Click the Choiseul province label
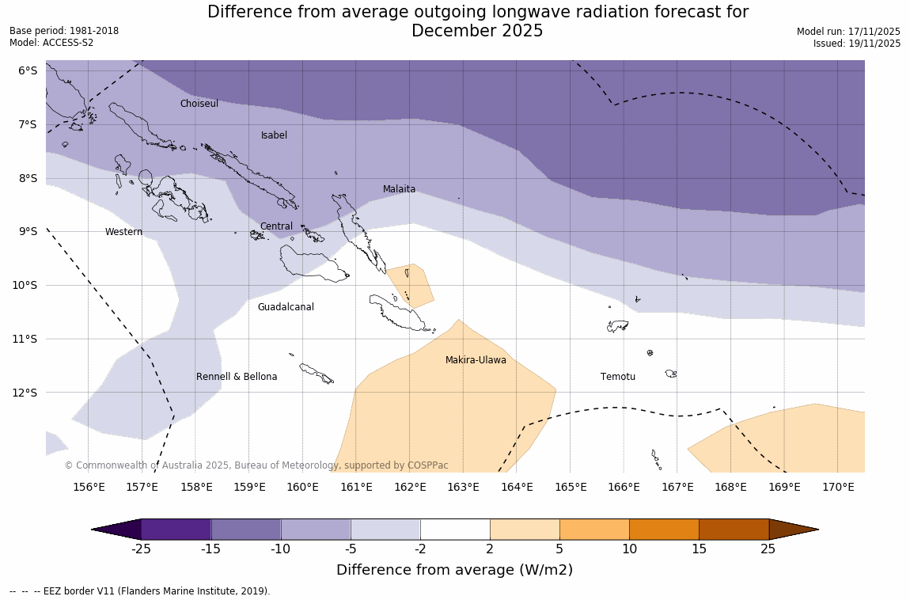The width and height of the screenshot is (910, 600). (x=199, y=104)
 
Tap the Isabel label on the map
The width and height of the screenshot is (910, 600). (x=274, y=135)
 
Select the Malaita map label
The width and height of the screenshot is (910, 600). (x=399, y=189)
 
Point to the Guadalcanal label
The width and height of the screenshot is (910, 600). (x=286, y=307)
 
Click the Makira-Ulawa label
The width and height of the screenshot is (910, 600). (x=476, y=360)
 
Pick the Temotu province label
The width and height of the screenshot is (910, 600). (x=617, y=377)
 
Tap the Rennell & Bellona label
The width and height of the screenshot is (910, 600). (x=237, y=377)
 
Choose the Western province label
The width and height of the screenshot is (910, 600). (x=123, y=232)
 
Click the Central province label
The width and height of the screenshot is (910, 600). (x=276, y=226)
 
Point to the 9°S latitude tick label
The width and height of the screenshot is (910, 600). (x=28, y=231)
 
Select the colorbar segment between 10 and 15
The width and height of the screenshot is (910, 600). (x=664, y=530)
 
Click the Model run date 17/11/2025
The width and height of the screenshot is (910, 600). (x=848, y=32)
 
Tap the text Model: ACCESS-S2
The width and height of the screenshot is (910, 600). (x=51, y=43)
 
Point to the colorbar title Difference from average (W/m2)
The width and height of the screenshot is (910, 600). (x=454, y=570)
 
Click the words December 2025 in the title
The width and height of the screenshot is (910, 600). (x=477, y=31)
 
